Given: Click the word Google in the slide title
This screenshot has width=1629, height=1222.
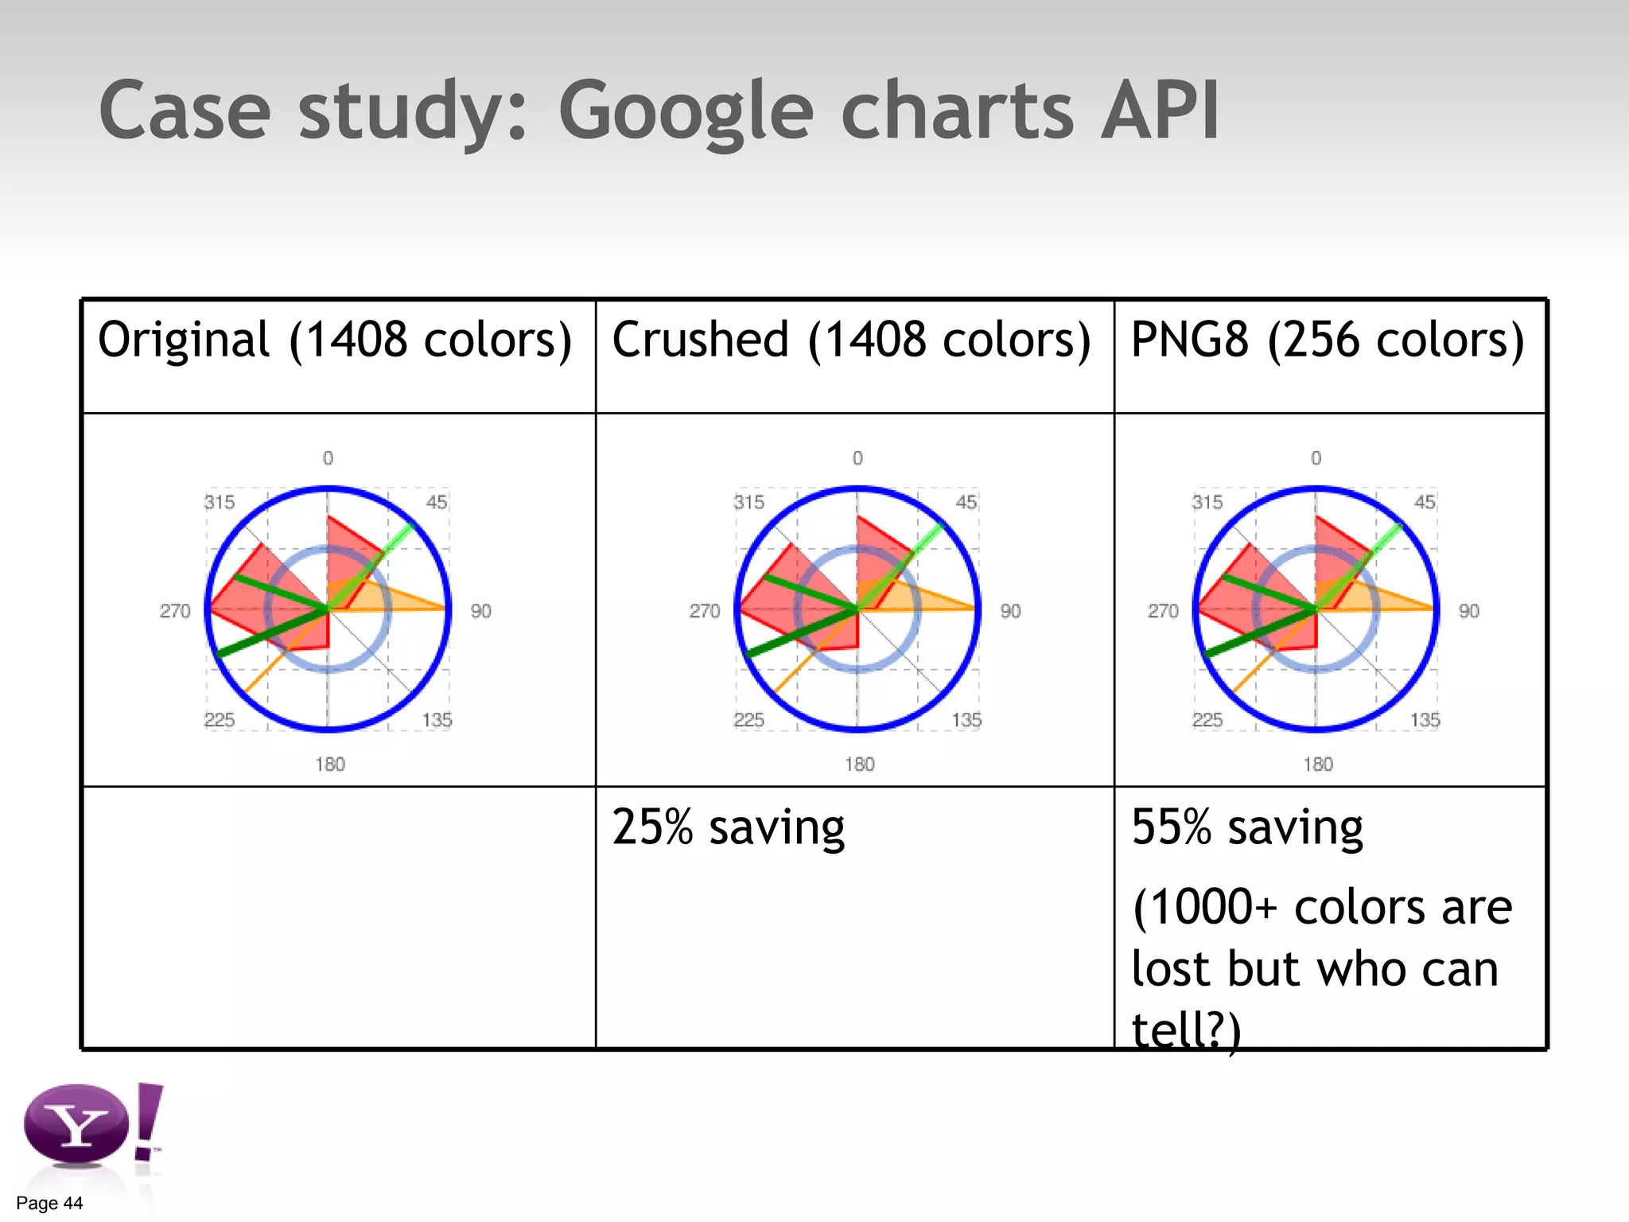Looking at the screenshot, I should pos(686,111).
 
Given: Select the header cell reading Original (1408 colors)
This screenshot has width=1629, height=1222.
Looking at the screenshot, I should pos(335,340).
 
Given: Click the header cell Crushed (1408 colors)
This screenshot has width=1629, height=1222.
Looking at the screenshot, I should pos(851,340).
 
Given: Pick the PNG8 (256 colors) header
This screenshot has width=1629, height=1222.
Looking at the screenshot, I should pos(1328,340).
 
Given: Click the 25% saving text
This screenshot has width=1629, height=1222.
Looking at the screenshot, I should pos(728,827).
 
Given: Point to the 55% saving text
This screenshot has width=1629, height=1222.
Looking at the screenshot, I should pos(1247,827).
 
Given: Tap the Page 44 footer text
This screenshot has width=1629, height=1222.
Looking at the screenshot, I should pos(49,1203).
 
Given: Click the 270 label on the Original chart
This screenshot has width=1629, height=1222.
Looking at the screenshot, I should pos(175,611).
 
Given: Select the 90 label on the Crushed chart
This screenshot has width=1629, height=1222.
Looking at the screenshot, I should pos(1010,611).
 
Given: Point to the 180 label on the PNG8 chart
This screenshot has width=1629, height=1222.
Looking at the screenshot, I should pos(1318,765).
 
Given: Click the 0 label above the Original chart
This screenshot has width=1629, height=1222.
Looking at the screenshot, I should pos(328,458).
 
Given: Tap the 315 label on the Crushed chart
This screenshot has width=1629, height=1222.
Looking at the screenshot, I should pos(748,502).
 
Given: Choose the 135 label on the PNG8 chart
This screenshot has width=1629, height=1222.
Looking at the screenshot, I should pos(1425,720).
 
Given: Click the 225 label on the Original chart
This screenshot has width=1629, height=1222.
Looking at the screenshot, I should pos(219,720).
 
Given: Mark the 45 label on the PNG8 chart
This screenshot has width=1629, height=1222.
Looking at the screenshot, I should pos(1425,502).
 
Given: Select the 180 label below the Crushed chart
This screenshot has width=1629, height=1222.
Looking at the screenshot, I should pos(859,765).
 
